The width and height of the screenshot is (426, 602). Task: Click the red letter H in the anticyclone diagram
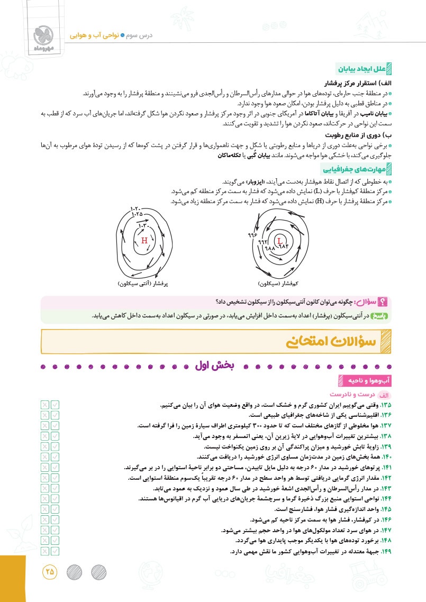[x=144, y=241]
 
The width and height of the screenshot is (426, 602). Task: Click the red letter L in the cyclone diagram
[x=279, y=241]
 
